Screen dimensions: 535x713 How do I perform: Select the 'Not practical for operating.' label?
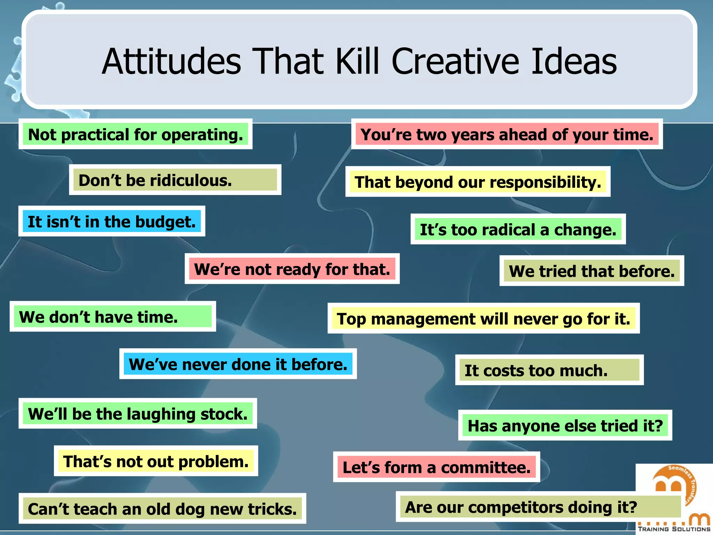tap(135, 134)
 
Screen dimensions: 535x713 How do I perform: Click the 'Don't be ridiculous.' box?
tap(175, 180)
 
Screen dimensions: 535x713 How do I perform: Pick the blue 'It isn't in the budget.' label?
tap(112, 222)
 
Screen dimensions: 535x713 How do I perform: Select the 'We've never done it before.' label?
tap(238, 364)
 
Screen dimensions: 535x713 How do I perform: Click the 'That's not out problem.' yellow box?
tap(156, 461)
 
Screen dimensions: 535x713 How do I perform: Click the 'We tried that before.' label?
tap(591, 271)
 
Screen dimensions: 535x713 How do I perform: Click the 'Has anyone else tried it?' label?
tap(565, 426)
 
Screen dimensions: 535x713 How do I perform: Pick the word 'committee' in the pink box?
tap(486, 467)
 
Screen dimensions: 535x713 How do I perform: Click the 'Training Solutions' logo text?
tap(674, 529)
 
